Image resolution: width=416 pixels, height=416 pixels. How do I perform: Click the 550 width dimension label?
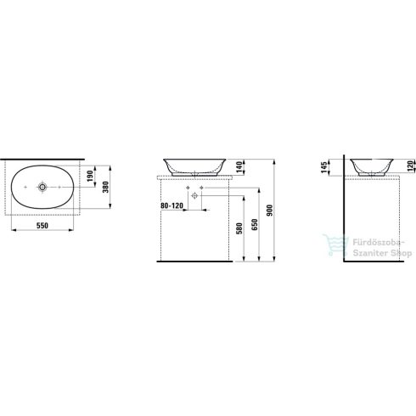coord(42,226)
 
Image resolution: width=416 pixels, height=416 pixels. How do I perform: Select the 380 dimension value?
coord(105,187)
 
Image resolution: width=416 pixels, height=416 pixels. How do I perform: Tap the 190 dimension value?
coord(90,176)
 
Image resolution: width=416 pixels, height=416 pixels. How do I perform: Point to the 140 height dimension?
coord(239,167)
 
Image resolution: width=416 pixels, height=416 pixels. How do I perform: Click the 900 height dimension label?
coord(270,211)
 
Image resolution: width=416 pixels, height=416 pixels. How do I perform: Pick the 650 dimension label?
coord(255,224)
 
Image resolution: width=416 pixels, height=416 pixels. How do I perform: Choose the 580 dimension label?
coord(239,228)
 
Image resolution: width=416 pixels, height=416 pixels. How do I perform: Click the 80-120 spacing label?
coord(171,205)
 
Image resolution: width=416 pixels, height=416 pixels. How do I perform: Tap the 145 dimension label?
coord(324,167)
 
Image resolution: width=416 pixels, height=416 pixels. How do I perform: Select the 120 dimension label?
coord(410,166)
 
